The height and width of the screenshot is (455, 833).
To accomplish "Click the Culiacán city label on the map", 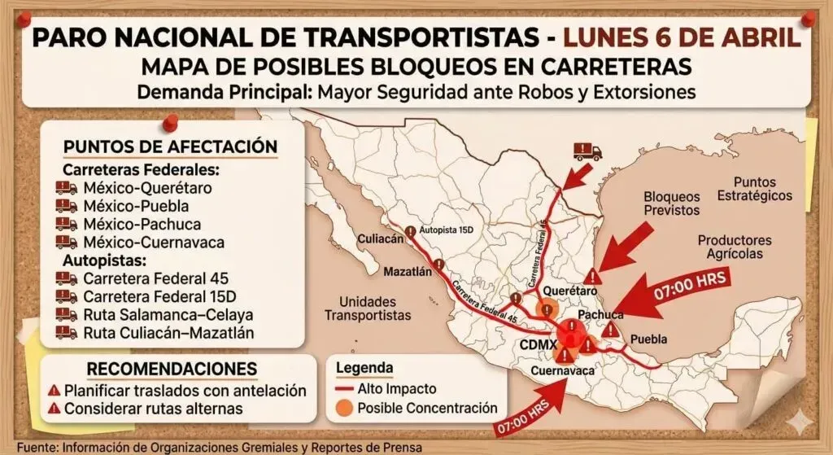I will click(381, 238).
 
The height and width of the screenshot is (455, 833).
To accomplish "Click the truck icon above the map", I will click(587, 151).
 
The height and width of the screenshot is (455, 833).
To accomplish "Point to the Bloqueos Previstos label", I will click(671, 203).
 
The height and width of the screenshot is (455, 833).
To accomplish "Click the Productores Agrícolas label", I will click(735, 247).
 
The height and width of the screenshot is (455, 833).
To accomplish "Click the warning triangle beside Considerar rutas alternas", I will click(55, 409).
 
